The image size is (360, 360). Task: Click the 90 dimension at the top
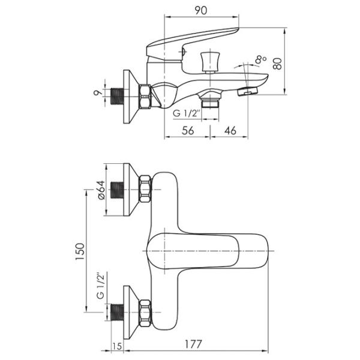click(x=200, y=10)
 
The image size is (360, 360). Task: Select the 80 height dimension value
click(x=277, y=64)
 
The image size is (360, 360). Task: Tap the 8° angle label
click(x=260, y=59)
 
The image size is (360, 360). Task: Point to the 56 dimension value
click(x=188, y=130)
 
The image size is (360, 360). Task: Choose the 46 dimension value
click(x=230, y=130)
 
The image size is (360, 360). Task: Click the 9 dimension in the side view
click(x=97, y=92)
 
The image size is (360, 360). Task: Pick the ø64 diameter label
click(x=101, y=190)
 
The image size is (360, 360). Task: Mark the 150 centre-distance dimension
click(x=80, y=251)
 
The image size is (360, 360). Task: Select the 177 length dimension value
click(x=193, y=344)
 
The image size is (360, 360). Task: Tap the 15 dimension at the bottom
click(x=117, y=346)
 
